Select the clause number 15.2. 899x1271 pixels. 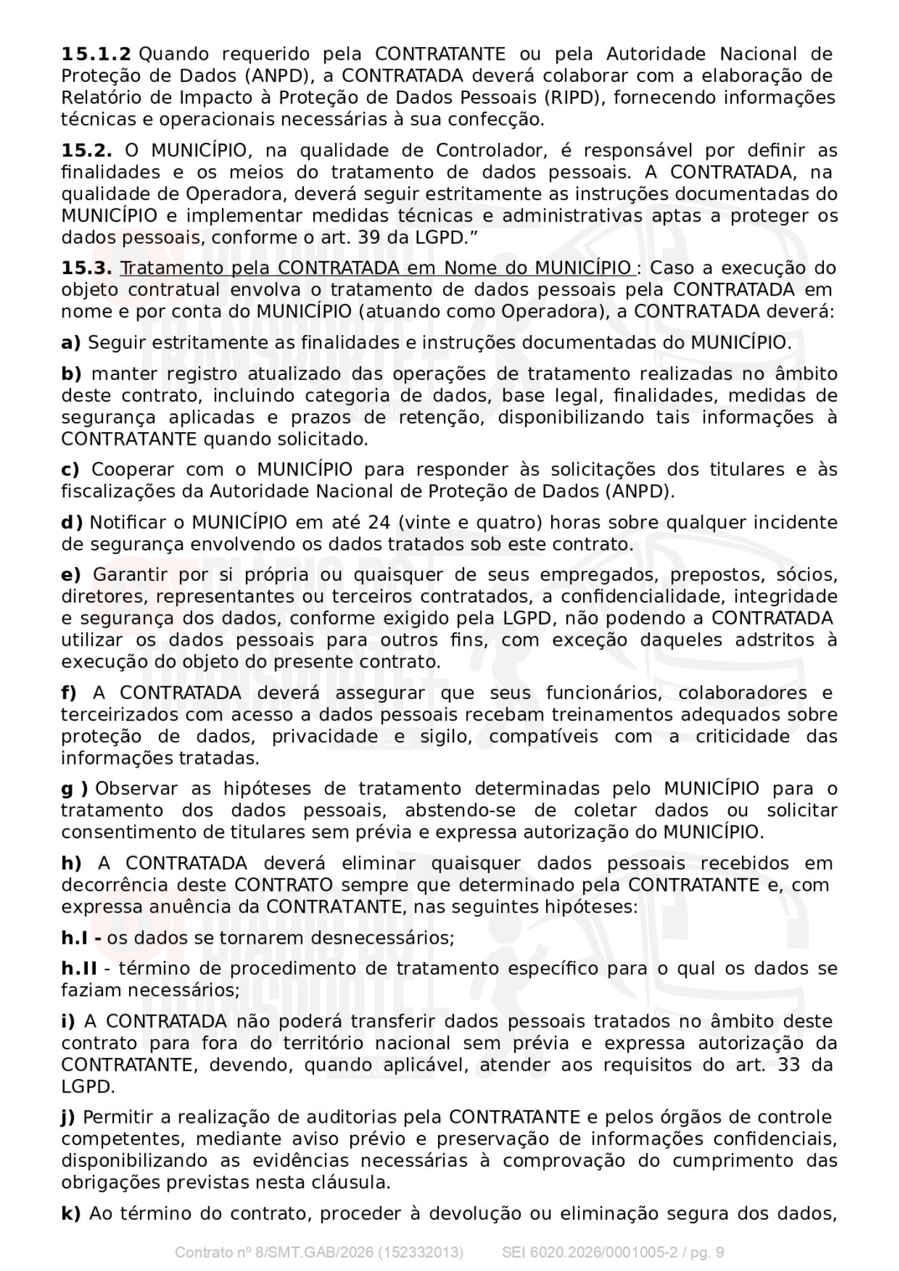tap(86, 151)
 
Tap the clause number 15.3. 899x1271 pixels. tap(86, 268)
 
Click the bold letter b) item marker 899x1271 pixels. tap(71, 374)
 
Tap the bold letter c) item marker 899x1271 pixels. tap(70, 470)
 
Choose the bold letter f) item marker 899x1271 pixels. tap(69, 693)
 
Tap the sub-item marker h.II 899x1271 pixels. tap(79, 969)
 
